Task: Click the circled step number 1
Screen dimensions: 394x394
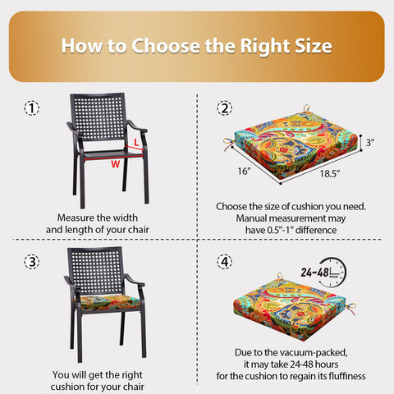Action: (x=32, y=108)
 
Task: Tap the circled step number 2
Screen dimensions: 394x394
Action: (x=225, y=108)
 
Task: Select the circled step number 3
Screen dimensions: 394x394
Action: (x=32, y=262)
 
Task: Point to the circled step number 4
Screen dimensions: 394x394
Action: (x=225, y=262)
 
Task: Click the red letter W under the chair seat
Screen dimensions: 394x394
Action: (x=116, y=164)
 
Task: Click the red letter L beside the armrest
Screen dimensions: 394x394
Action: (x=136, y=142)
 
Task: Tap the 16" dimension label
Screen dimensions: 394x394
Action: (x=244, y=172)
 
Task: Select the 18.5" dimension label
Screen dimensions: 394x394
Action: (x=330, y=173)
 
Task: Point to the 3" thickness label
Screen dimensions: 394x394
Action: (x=370, y=142)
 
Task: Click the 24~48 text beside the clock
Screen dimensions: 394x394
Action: (x=314, y=273)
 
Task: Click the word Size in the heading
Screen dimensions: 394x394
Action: (x=314, y=46)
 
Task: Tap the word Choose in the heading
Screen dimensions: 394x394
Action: (x=166, y=46)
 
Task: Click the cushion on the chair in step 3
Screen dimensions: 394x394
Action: (x=108, y=302)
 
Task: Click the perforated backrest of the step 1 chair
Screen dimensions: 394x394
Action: (x=98, y=117)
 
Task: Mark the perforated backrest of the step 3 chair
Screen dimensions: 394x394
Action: (x=95, y=271)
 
